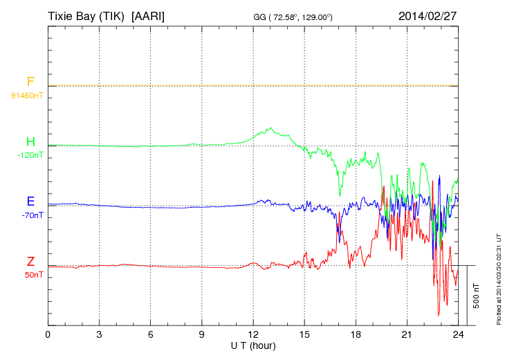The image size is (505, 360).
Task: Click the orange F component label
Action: [x=30, y=82]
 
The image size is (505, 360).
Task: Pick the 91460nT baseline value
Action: [x=26, y=95]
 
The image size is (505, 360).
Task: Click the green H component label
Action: [x=30, y=143]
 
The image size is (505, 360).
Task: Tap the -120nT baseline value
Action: [x=30, y=155]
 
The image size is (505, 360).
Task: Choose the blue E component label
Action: [x=30, y=202]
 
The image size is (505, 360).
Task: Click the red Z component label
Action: [x=30, y=262]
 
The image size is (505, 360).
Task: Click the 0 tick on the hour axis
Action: [x=48, y=334]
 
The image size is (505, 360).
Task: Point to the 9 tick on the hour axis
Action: [x=202, y=334]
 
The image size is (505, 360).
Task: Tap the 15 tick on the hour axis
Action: [x=304, y=334]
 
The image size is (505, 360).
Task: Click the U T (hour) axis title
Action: [x=253, y=345]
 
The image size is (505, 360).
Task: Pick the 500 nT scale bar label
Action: [x=476, y=295]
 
